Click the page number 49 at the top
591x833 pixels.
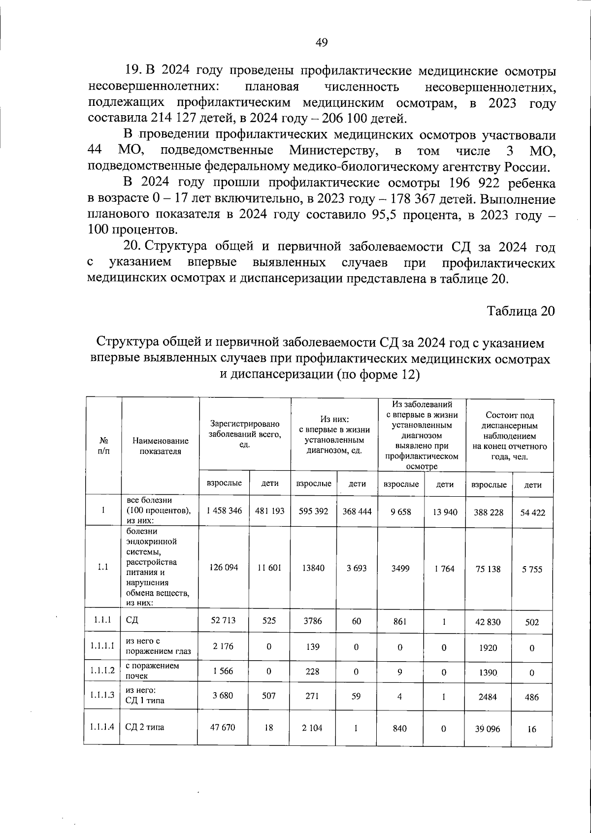(321, 43)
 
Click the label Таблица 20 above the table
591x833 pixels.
(521, 311)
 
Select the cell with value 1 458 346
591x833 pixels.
(224, 511)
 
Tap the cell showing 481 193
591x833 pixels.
(269, 511)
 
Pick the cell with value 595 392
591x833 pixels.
(313, 511)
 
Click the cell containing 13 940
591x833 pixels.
(445, 512)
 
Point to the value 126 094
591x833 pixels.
(224, 567)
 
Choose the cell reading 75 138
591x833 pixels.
(488, 569)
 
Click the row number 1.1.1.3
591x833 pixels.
(102, 695)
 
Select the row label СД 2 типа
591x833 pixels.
(144, 727)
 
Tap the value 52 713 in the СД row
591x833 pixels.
(223, 621)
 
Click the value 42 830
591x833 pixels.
(488, 622)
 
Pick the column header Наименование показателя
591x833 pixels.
(160, 446)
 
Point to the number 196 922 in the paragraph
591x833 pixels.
(474, 184)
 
